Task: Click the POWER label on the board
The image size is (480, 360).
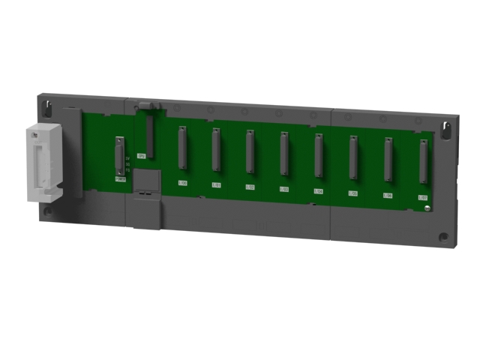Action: pos(120,179)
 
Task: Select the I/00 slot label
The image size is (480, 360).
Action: pos(182,182)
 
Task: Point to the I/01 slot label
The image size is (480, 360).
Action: pos(216,184)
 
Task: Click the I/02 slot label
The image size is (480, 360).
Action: pos(250,187)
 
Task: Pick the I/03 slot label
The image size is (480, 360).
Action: pos(283,189)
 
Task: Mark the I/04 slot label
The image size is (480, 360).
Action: pos(318,191)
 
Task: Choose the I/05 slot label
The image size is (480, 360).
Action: pos(352,193)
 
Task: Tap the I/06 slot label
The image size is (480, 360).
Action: pos(388,196)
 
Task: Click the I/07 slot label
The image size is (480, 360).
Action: pos(422,198)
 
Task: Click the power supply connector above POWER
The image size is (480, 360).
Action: pos(120,156)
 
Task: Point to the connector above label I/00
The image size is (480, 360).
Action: pos(181,148)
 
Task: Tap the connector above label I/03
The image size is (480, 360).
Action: pos(284,154)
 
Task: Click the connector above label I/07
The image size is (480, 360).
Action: pos(423,161)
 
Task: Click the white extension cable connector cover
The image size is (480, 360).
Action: pos(44,163)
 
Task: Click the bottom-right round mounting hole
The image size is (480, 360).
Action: pos(443,237)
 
